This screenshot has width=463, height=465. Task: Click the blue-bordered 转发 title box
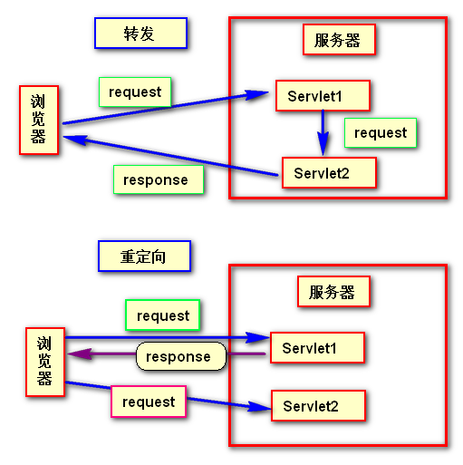[140, 34]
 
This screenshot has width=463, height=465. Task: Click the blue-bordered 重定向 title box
[144, 256]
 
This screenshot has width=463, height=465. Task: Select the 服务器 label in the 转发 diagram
[337, 40]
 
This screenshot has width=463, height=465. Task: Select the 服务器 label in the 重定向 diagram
[333, 292]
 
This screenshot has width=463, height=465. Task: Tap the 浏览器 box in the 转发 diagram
[38, 119]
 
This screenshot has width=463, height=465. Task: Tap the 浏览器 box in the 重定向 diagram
[44, 360]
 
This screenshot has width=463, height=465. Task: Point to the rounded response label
[179, 356]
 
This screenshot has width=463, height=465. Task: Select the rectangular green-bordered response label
[158, 179]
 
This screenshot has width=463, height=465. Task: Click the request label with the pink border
[149, 402]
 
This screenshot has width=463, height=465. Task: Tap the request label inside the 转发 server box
[381, 133]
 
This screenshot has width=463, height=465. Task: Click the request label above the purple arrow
[162, 315]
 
